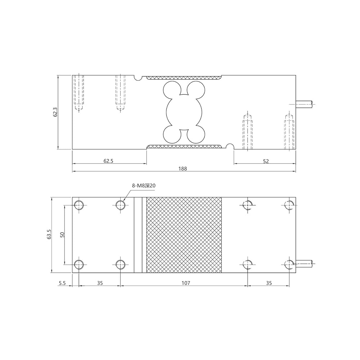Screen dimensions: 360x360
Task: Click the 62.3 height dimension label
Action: point(55,112)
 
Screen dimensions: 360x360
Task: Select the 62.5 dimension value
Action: point(108,161)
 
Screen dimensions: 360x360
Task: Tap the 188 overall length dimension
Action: point(183,169)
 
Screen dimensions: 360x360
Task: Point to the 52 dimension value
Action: point(266,161)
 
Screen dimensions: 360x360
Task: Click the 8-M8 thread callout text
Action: point(144,186)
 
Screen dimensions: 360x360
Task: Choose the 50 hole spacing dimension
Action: point(62,235)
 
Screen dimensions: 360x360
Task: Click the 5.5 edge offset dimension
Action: point(62,283)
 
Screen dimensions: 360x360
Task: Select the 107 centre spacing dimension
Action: point(186,283)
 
